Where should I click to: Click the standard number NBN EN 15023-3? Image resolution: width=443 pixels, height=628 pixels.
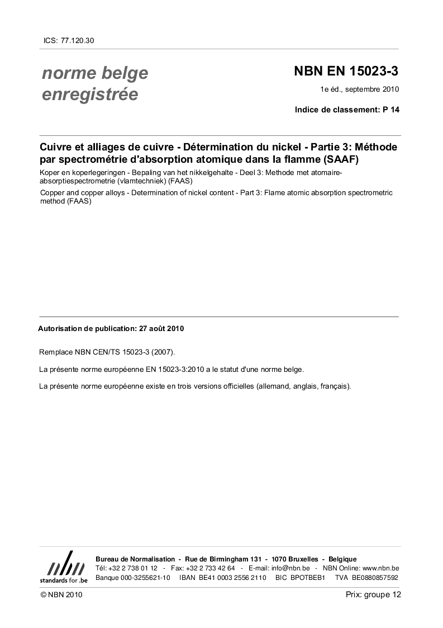click(x=346, y=72)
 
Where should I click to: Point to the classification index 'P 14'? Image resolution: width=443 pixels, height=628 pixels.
click(x=391, y=110)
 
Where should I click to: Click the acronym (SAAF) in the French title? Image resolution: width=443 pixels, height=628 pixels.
click(x=337, y=159)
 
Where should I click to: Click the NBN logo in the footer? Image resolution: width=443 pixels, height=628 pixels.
click(x=64, y=567)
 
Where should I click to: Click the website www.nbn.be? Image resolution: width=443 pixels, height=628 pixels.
click(x=380, y=568)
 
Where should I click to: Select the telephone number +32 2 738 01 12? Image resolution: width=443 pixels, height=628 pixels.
click(x=134, y=568)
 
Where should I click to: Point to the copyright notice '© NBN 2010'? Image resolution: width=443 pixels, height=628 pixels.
click(x=61, y=596)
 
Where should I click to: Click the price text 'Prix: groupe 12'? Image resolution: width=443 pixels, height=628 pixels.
click(x=373, y=595)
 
